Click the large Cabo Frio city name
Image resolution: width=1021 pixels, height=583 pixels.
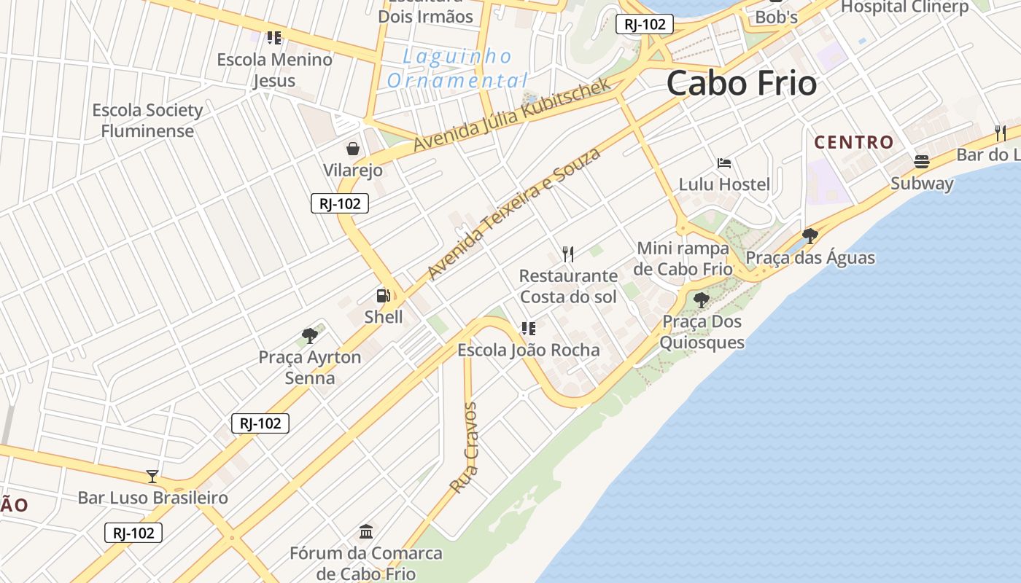pos(741,82)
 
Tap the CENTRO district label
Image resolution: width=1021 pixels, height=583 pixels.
pos(853,142)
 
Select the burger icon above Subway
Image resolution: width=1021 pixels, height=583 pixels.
pos(922,161)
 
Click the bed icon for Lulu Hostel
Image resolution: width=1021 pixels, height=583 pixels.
pos(724,163)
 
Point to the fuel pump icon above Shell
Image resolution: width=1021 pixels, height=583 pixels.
pos(383,295)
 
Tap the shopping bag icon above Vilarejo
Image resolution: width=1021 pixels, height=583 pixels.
pos(353,149)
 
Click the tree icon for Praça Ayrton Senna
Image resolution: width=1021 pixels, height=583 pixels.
pos(310,336)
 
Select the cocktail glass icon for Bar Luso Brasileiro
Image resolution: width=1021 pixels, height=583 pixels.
pos(152,477)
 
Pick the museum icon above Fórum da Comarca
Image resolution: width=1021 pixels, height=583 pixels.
pos(366,531)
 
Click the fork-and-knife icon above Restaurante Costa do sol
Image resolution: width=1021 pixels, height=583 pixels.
pos(568,254)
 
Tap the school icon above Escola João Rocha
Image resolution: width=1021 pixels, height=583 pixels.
pos(528,329)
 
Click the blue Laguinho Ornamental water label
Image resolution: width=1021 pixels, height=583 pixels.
pos(458,69)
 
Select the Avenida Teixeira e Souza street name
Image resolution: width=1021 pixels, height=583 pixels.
pos(513,213)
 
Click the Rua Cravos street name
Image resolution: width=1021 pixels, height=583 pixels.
pos(464,447)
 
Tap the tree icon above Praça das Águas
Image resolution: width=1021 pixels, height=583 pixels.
pos(810,235)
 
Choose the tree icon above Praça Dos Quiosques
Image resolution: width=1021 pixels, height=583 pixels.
pos(702,300)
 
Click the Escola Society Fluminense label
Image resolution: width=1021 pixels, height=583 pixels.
pos(147,121)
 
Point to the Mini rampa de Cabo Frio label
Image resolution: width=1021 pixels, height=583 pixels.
pos(683,259)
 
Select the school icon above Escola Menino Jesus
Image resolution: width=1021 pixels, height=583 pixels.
pos(274,37)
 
